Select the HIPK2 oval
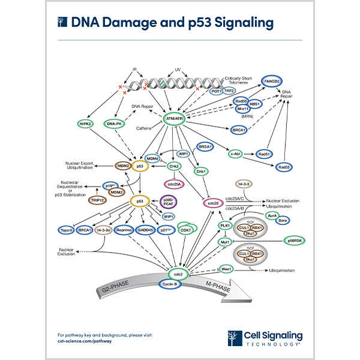tap(85, 124)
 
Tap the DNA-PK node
tap(113, 124)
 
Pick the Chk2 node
tap(174, 166)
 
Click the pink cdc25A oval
tap(174, 184)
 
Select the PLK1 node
tap(226, 225)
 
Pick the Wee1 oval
tap(226, 269)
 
